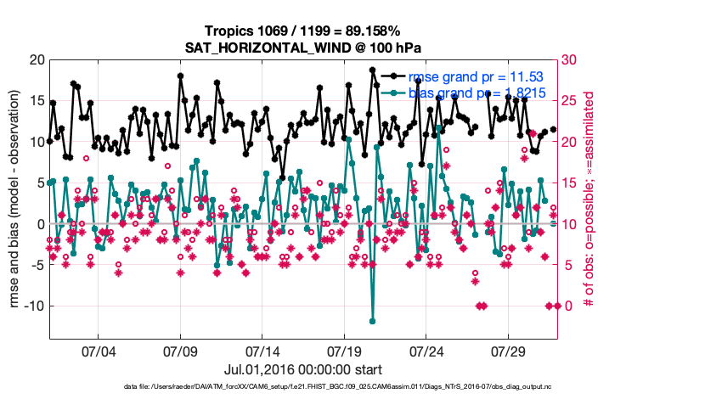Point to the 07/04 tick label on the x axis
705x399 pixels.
point(98,350)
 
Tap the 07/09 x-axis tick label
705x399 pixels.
point(180,350)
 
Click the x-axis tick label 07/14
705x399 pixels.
point(262,350)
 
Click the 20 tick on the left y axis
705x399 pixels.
point(35,59)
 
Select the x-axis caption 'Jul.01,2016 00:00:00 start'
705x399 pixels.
point(302,369)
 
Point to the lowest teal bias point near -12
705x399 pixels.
point(372,321)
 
